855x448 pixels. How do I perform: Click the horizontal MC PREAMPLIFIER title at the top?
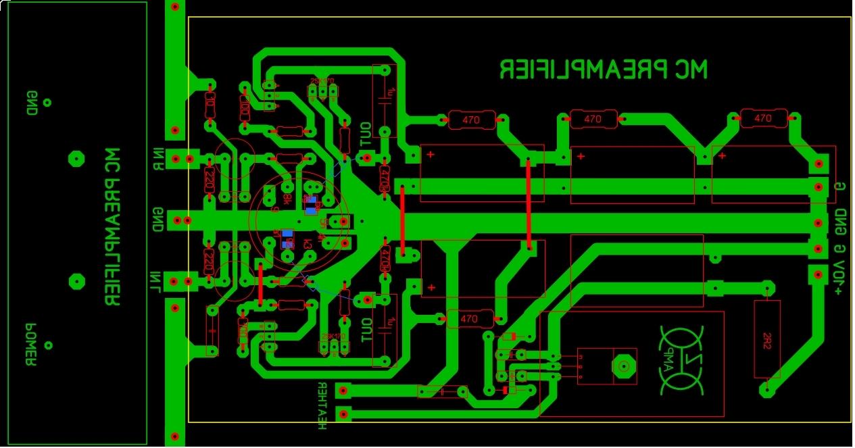604,69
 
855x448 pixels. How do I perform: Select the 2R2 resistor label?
767,339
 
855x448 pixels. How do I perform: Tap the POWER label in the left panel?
30,344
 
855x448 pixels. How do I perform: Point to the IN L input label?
156,282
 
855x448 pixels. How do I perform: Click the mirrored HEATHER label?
322,405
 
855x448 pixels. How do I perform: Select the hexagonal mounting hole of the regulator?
624,366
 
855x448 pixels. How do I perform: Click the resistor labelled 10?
210,105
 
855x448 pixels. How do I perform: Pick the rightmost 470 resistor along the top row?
763,118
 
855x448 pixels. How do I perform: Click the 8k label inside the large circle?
287,199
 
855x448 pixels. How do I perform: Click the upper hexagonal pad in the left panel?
76,159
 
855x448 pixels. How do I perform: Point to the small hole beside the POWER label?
48,345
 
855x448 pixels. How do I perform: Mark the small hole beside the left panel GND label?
47,103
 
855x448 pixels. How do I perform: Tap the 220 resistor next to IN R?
209,179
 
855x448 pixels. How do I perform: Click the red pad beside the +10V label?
819,275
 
